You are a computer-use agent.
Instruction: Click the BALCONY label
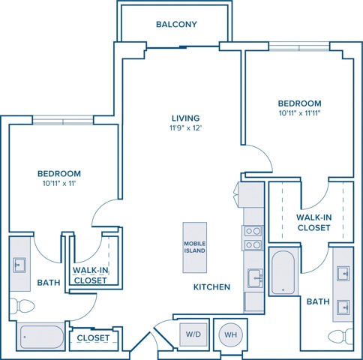tap(176, 24)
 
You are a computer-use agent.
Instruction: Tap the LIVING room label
tap(185, 118)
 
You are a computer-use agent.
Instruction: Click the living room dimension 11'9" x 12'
tap(185, 128)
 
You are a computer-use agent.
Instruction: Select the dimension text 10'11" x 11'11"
tap(299, 113)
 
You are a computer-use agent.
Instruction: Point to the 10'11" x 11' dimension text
tap(59, 184)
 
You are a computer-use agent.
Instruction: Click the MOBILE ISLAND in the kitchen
tap(195, 247)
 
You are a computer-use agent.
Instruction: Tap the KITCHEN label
tap(211, 287)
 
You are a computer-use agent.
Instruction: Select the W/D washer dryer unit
tap(193, 334)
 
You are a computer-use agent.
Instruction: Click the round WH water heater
tap(230, 334)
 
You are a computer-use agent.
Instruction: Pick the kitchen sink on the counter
tap(255, 278)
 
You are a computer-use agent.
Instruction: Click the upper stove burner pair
tap(253, 231)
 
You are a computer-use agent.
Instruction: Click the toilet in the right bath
tap(340, 337)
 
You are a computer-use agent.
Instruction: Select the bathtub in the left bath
tap(41, 337)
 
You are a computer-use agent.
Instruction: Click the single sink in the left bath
tap(19, 265)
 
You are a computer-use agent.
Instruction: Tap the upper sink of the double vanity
tap(343, 274)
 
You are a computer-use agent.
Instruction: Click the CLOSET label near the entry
tap(93, 338)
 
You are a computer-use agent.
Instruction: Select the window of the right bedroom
tap(299, 46)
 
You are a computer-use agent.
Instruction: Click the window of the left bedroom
tap(63, 121)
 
